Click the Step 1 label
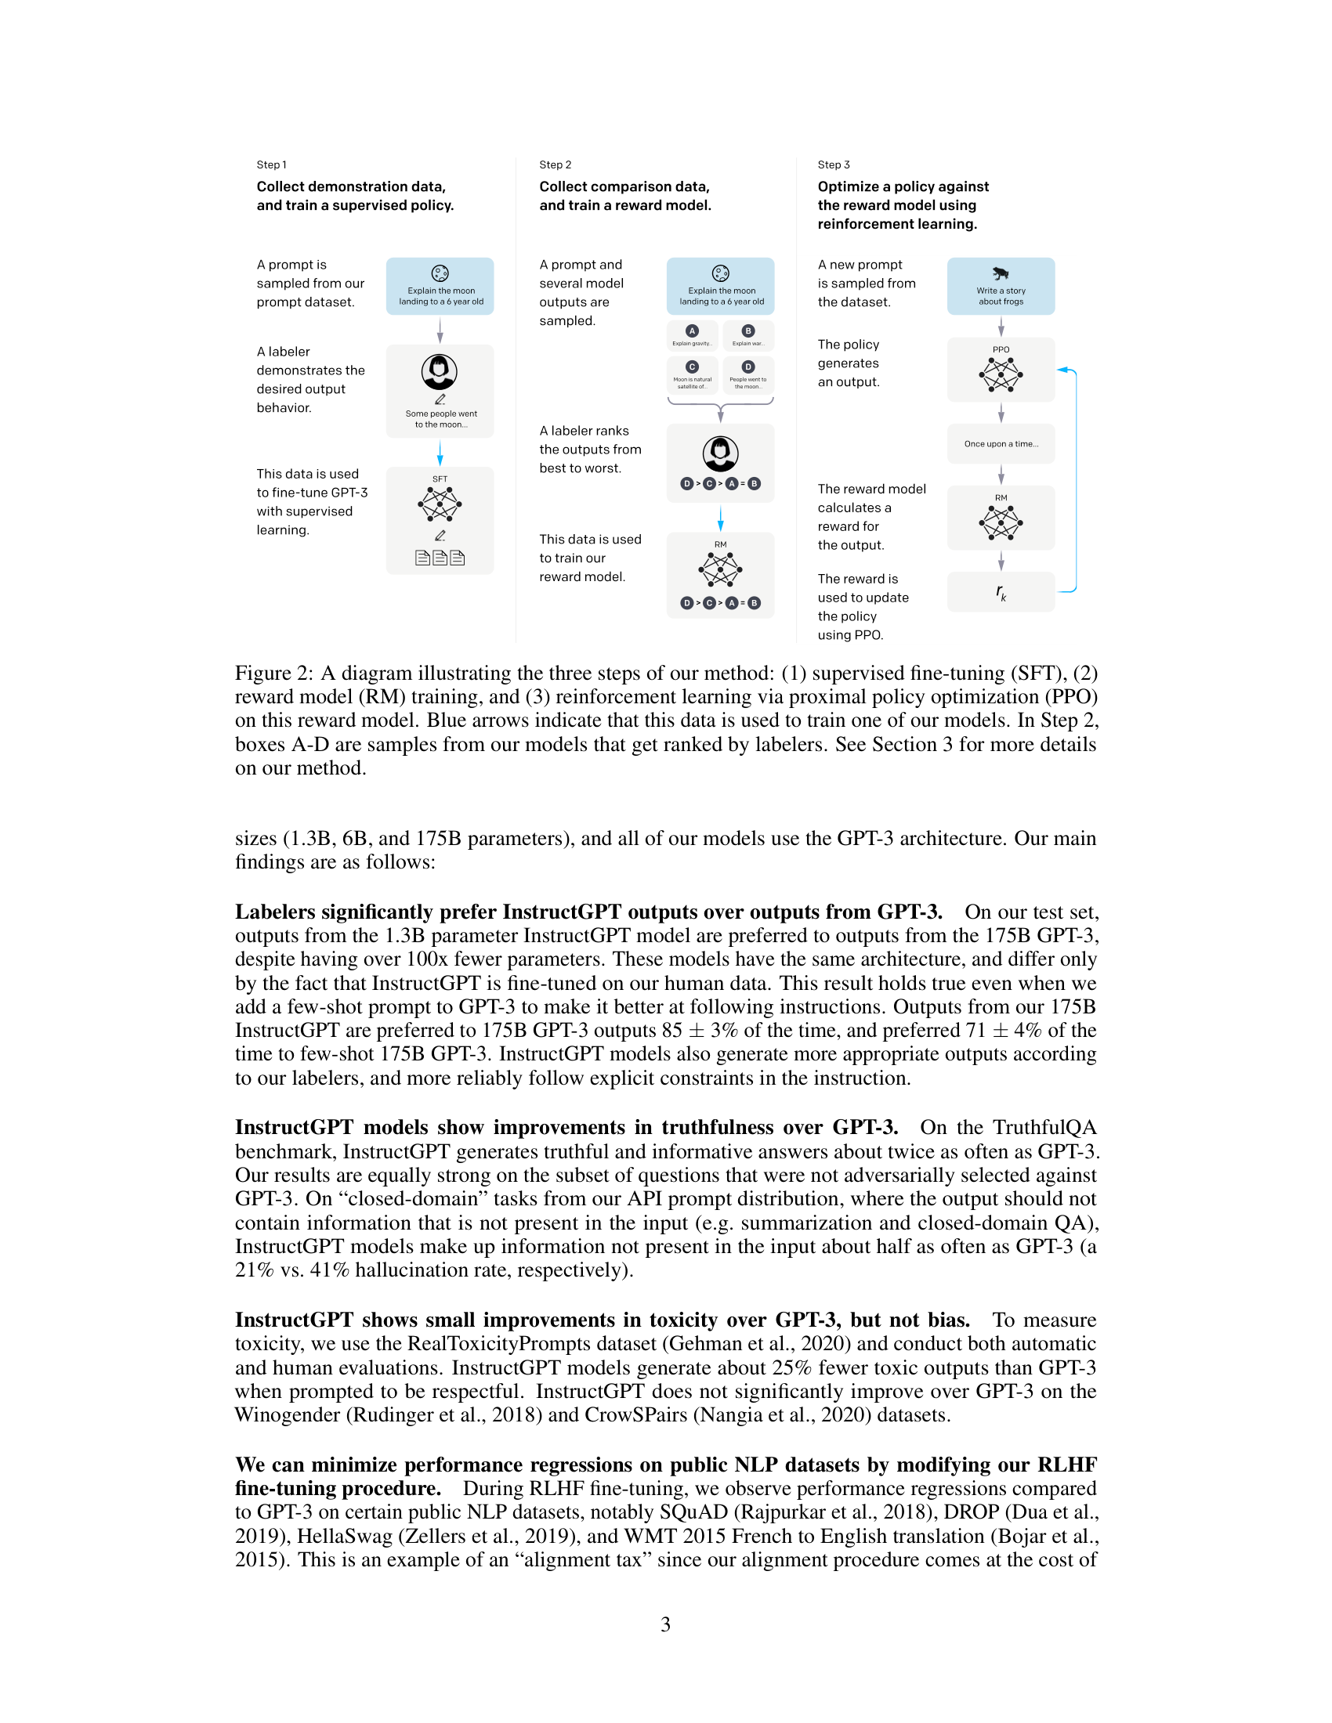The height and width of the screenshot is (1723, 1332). click(x=270, y=165)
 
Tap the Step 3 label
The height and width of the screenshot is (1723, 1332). click(x=834, y=165)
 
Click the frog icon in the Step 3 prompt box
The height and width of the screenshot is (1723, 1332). click(x=1001, y=274)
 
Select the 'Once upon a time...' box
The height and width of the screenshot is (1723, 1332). click(x=1001, y=444)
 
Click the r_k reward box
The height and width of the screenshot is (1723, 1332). click(x=1001, y=591)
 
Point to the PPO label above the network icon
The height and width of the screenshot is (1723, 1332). click(x=1001, y=349)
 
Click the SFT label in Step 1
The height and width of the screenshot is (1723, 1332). click(x=440, y=479)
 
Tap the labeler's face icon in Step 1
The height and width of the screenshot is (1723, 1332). click(x=440, y=370)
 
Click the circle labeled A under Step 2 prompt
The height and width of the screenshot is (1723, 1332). click(x=692, y=331)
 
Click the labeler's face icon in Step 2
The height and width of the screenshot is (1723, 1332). click(x=720, y=453)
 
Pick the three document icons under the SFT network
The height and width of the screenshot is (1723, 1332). click(x=440, y=558)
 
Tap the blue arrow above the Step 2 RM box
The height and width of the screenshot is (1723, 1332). click(x=720, y=519)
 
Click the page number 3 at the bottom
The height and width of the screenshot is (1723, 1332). click(x=665, y=1624)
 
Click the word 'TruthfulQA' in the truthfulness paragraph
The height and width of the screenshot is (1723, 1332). click(x=1044, y=1127)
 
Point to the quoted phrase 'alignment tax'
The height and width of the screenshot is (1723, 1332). click(x=588, y=1559)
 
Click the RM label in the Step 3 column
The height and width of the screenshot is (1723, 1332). click(x=1001, y=498)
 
